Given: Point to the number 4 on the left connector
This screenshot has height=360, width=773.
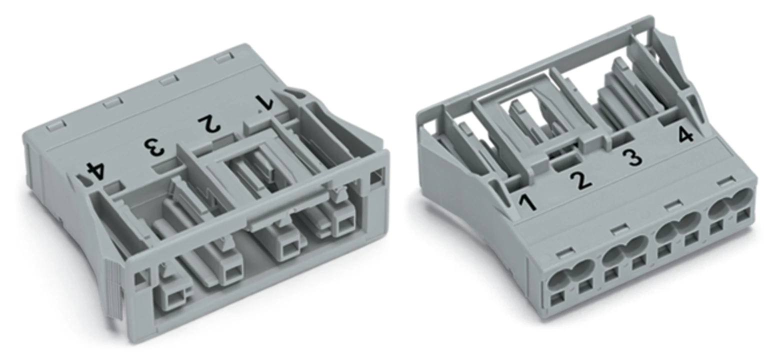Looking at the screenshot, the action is pos(95,171).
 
